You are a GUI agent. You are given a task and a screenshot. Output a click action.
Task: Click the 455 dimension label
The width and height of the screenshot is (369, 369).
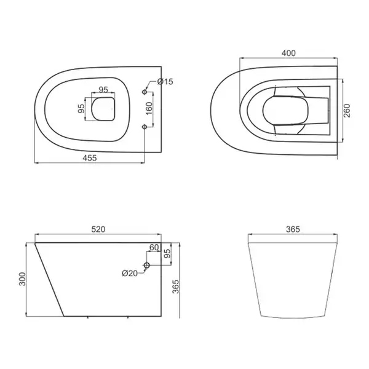pos(90,157)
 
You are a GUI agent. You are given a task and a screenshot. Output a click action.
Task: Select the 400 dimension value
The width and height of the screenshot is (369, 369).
pos(288,53)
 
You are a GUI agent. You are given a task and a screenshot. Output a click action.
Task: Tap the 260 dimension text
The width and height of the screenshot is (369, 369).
pos(347,111)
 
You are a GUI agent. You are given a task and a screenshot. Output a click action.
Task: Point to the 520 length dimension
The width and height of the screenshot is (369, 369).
pos(98,229)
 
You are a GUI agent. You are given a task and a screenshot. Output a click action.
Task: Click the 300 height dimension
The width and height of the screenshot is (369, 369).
pos(22,279)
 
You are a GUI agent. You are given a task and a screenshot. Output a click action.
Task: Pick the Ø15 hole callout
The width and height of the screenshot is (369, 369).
pos(165,82)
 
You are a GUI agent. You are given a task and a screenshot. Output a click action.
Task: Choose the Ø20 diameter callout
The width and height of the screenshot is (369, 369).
pos(130,273)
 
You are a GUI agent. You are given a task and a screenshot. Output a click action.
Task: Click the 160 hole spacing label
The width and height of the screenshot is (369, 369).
pos(149,108)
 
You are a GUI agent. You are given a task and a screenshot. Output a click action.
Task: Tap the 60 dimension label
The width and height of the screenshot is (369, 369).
pos(154,247)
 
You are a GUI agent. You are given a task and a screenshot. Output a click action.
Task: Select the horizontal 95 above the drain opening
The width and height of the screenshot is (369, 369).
pos(103,90)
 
